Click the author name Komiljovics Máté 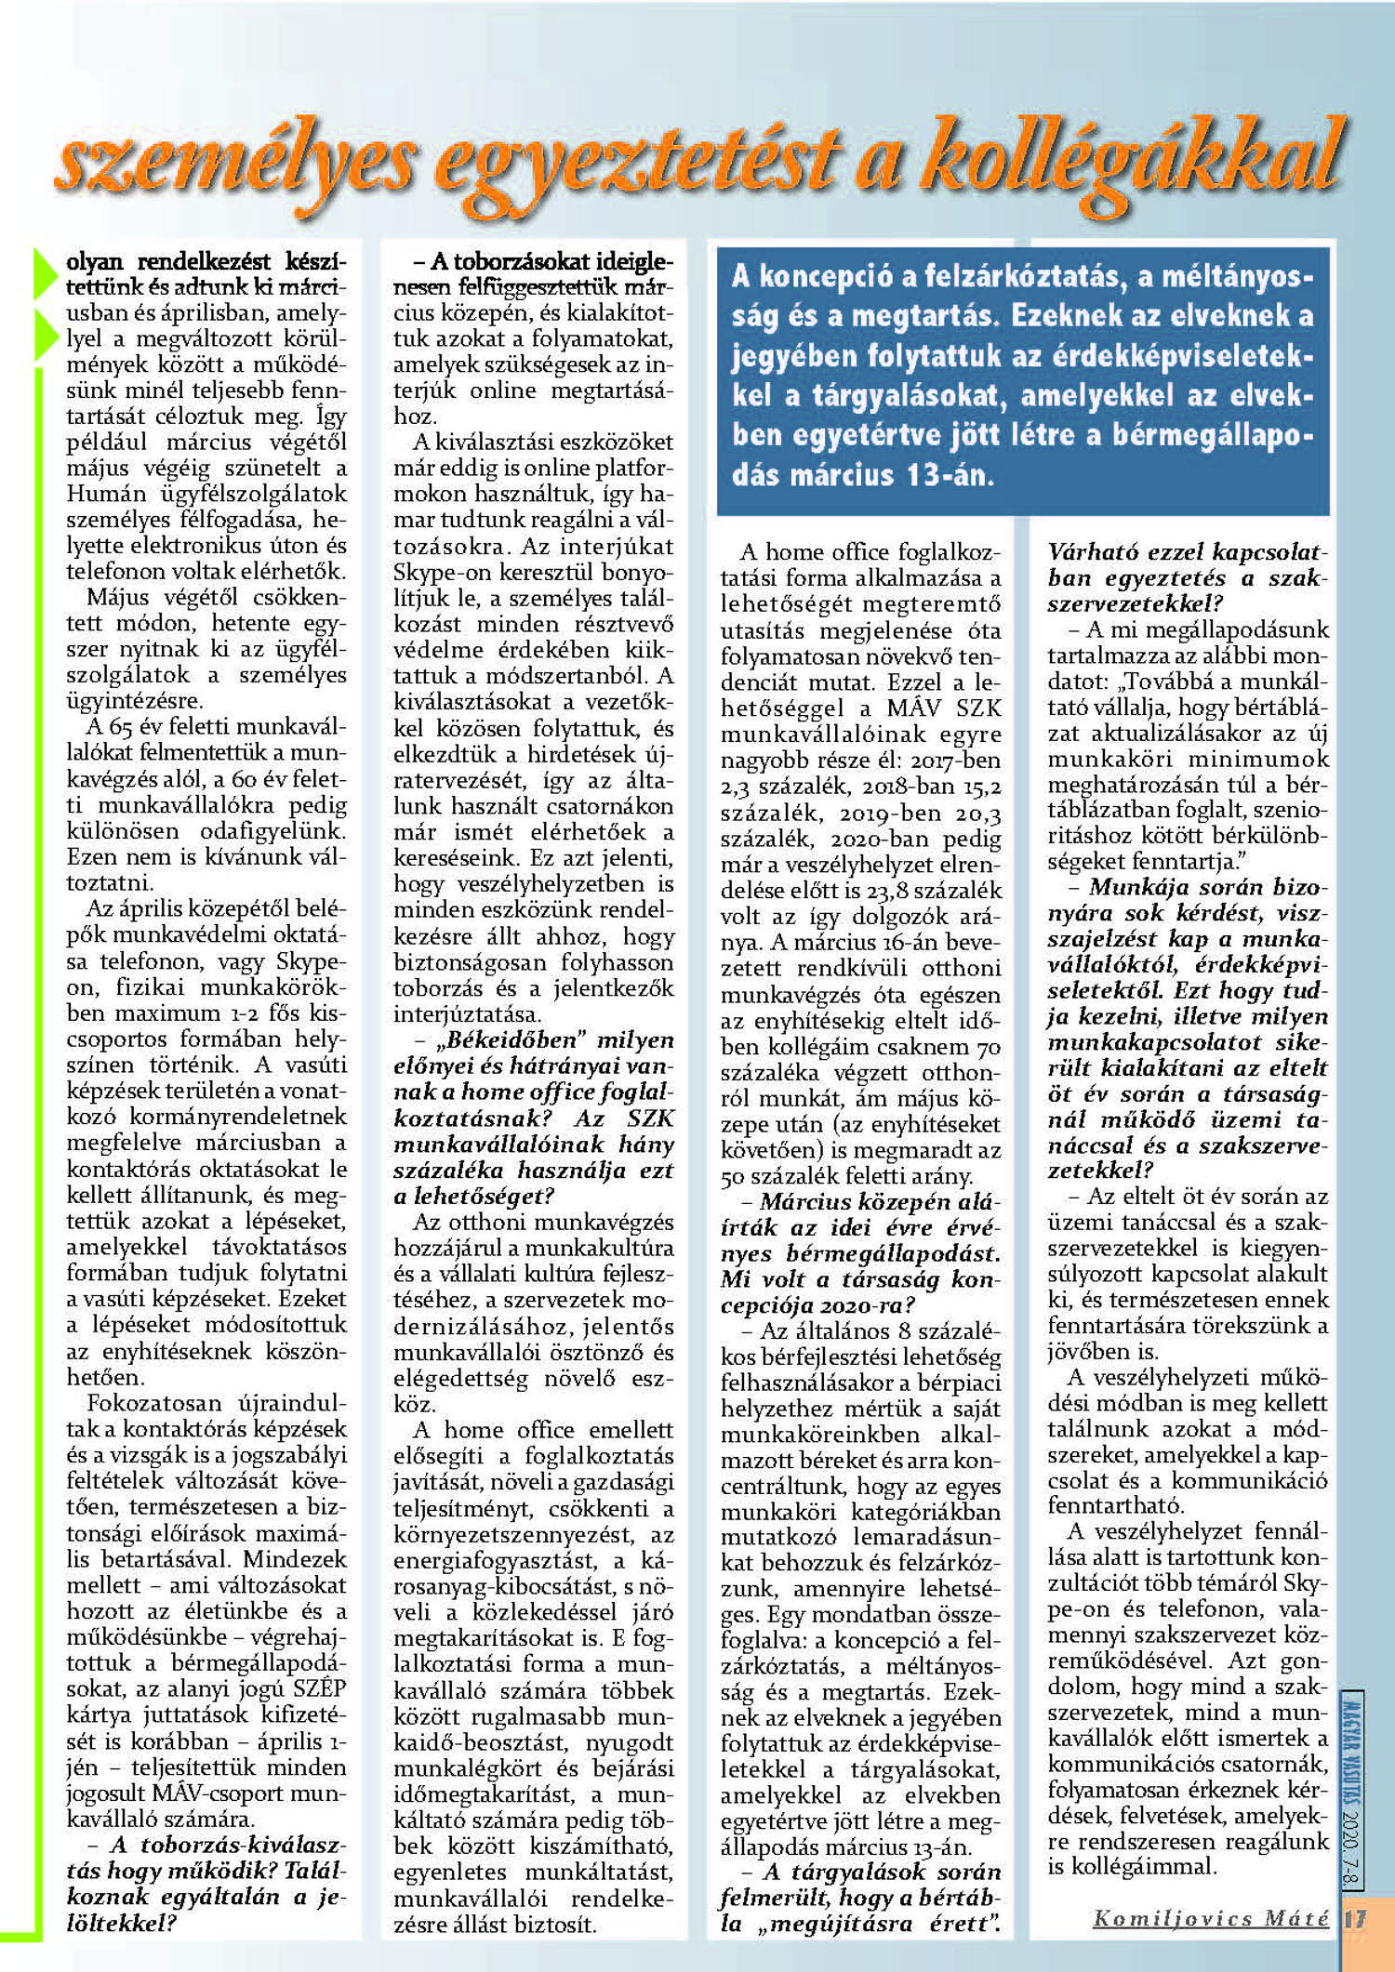coord(1210,1917)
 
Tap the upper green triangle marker coord(46,273)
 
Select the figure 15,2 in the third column coord(980,787)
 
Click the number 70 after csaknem coord(988,1047)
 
